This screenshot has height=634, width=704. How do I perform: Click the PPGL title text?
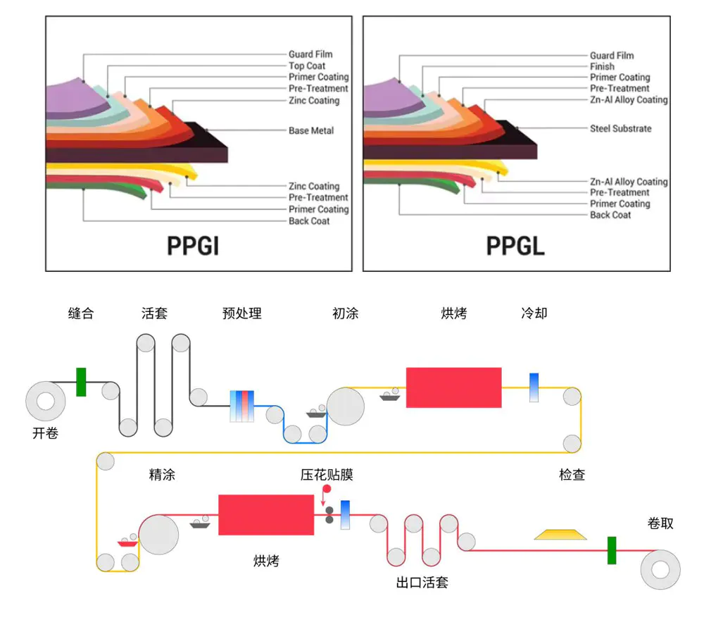pos(515,245)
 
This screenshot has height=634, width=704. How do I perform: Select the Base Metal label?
pos(311,130)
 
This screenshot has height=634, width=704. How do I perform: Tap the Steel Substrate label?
pos(620,129)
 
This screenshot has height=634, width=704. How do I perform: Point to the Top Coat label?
pos(307,66)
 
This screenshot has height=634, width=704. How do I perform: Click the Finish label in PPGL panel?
pos(602,66)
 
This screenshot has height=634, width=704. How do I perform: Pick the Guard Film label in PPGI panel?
pos(310,54)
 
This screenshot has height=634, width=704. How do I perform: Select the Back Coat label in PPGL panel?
pos(610,215)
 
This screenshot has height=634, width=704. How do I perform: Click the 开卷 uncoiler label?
pos(45,433)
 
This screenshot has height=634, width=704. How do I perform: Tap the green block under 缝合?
pos(81,382)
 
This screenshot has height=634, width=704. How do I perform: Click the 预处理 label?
pos(241,313)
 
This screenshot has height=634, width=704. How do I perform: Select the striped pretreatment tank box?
pos(241,406)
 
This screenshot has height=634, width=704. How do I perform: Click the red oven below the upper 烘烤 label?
pos(453,387)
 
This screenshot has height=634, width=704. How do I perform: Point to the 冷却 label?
pos(534,313)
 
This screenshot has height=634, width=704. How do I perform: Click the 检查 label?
pos(572,475)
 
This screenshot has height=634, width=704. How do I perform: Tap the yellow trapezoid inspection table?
pos(561,534)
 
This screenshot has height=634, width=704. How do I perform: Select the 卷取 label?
pos(660,523)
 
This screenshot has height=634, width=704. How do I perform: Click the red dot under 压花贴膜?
pos(326,489)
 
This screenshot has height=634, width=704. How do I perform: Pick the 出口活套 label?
pos(422,583)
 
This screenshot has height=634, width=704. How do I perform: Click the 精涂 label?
pos(162,475)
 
